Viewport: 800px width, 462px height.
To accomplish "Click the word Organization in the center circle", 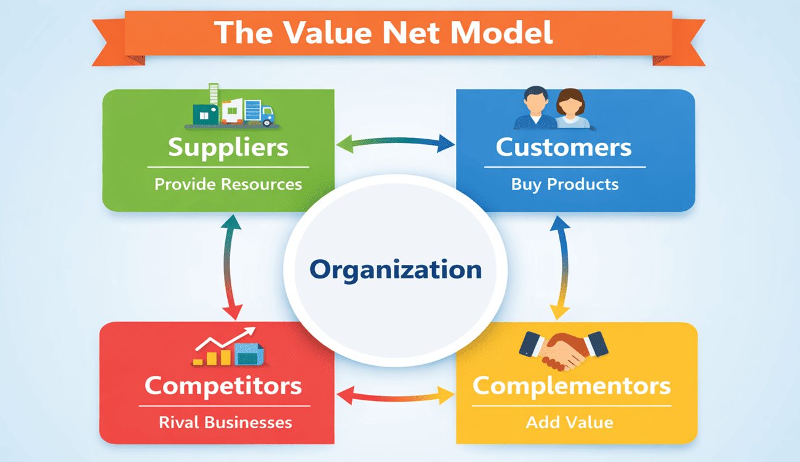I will pyautogui.click(x=395, y=270).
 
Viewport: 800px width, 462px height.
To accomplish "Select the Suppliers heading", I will pyautogui.click(x=228, y=148).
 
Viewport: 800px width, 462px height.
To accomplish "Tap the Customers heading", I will pyautogui.click(x=564, y=148).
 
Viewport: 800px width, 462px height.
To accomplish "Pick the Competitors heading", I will pyautogui.click(x=223, y=386).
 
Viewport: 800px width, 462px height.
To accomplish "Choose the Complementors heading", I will pyautogui.click(x=571, y=386).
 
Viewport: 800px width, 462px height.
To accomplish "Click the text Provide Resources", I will pyautogui.click(x=228, y=184).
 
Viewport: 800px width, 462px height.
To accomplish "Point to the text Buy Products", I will pyautogui.click(x=565, y=184).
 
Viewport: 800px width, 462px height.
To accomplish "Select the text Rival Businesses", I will pyautogui.click(x=225, y=423).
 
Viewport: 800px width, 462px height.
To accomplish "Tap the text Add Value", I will pyautogui.click(x=570, y=423).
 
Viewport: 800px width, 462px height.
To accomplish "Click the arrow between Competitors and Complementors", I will pyautogui.click(x=395, y=395).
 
